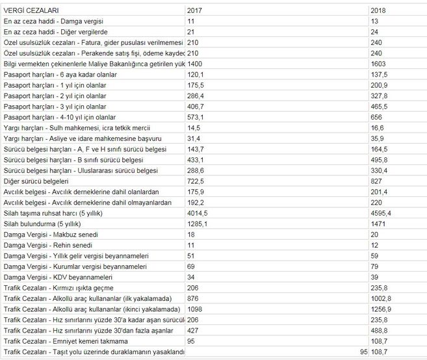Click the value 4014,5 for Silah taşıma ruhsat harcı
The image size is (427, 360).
pyautogui.click(x=199, y=212)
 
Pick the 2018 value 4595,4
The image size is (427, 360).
pyautogui.click(x=382, y=212)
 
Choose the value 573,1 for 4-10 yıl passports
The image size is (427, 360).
pyautogui.click(x=196, y=118)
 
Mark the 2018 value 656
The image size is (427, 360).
pyautogui.click(x=376, y=118)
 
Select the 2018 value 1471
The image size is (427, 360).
pyautogui.click(x=378, y=223)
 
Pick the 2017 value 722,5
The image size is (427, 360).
pyautogui.click(x=196, y=181)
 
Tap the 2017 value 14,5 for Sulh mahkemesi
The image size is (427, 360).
pyautogui.click(x=194, y=128)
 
